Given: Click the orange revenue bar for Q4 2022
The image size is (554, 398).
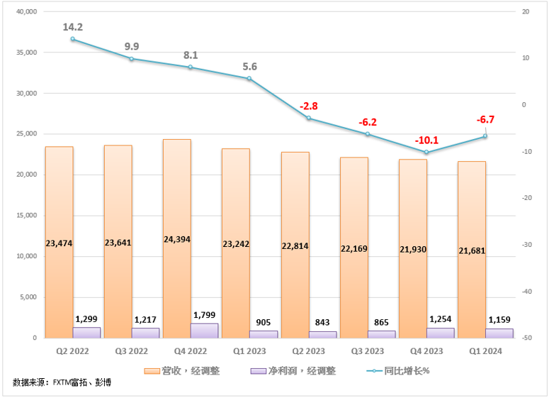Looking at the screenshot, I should pos(177,213).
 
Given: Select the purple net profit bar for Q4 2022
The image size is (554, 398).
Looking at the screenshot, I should pos(205,331).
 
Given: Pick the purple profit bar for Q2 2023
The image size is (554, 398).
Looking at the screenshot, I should pos(323,334).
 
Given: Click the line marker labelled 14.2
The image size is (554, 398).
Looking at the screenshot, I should pos(73,39).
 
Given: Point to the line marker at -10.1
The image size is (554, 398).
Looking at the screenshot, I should pos(426,153).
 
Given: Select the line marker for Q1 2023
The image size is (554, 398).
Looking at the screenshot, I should pos(249,78).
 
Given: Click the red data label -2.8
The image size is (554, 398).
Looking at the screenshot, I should pos(308,106).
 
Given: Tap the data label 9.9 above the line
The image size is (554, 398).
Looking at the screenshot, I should pos(132,47).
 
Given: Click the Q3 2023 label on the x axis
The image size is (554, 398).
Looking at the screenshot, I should pos(368,351).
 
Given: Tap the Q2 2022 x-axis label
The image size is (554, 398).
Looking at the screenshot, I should pos(73,351).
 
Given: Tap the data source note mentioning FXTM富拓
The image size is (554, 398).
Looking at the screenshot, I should pos(62,383).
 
